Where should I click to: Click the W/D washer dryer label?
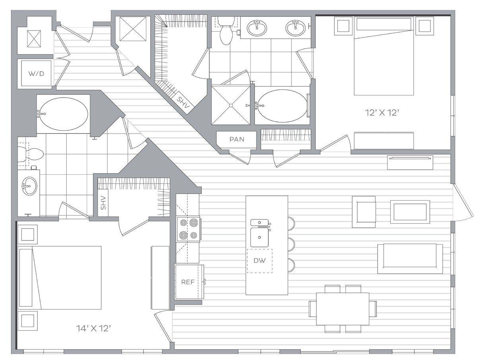pyautogui.click(x=36, y=74)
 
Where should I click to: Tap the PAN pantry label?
pyautogui.click(x=237, y=139)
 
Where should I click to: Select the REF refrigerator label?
pyautogui.click(x=188, y=282)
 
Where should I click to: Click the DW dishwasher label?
pyautogui.click(x=260, y=261)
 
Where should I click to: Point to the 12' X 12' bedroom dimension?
pyautogui.click(x=382, y=113)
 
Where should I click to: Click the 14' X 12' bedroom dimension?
pyautogui.click(x=93, y=329)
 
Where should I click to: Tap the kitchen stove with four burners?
pyautogui.click(x=189, y=229)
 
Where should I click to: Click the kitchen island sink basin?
pyautogui.click(x=260, y=237)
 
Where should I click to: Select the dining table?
pyautogui.click(x=343, y=309)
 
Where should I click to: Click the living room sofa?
pyautogui.click(x=410, y=259)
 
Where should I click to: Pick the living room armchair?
pyautogui.click(x=364, y=212)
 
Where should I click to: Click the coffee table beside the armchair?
pyautogui.click(x=410, y=212)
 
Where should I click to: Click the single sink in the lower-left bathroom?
pyautogui.click(x=29, y=186)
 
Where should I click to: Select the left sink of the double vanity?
pyautogui.click(x=257, y=28)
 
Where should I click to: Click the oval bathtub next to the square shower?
pyautogui.click(x=282, y=106)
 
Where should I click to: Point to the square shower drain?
pyautogui.click(x=231, y=106)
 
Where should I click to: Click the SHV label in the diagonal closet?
pyautogui.click(x=183, y=103)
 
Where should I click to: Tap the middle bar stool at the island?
pyautogui.click(x=291, y=244)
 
